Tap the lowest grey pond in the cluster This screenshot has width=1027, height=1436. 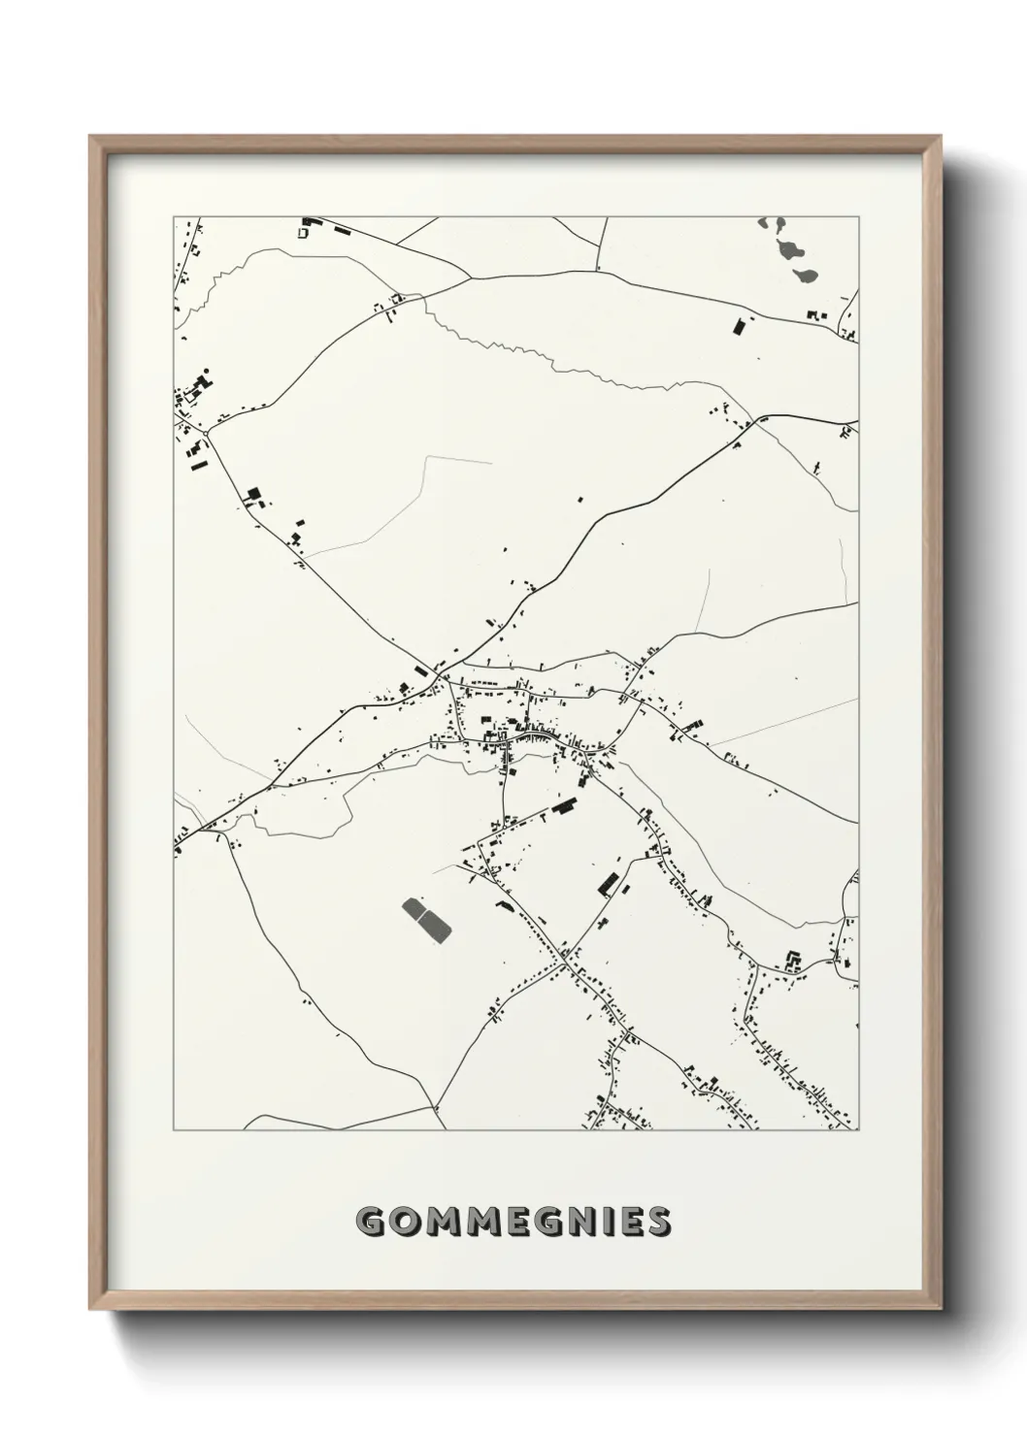(804, 276)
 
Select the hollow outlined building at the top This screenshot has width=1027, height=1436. (303, 233)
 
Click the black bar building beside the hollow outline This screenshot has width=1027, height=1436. (341, 230)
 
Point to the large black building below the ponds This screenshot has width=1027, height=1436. (738, 326)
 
